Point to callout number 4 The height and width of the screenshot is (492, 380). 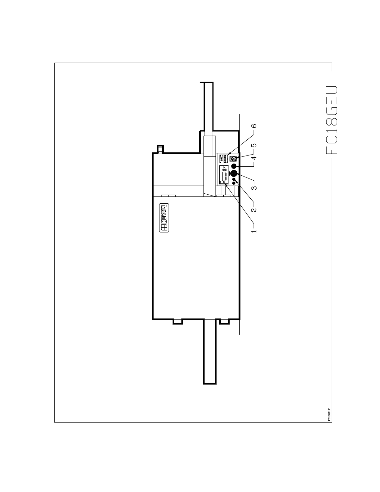click(254, 158)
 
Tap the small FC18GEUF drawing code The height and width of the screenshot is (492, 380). click(329, 414)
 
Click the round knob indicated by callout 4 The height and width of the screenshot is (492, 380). click(234, 166)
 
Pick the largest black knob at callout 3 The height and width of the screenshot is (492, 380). click(234, 174)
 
